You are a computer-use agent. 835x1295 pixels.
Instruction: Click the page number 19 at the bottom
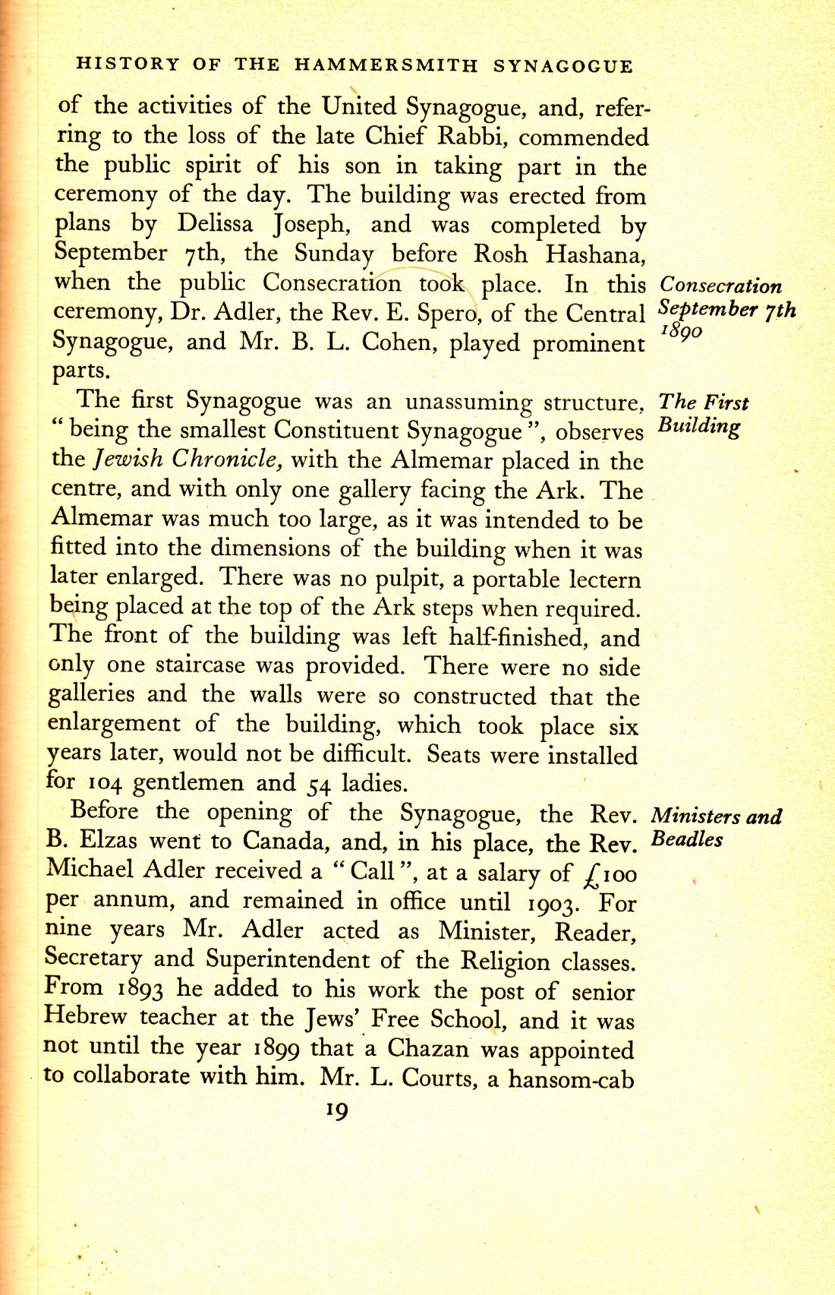click(x=336, y=1111)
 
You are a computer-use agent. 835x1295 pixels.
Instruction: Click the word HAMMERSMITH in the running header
click(x=386, y=65)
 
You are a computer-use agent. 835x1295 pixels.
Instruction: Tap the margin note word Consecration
click(x=720, y=286)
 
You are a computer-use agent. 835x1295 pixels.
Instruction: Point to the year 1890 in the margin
click(x=681, y=332)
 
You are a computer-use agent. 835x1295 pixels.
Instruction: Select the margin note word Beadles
click(x=687, y=840)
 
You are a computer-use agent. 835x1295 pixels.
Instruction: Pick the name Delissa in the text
click(x=215, y=224)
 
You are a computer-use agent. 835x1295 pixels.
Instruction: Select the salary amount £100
click(x=607, y=874)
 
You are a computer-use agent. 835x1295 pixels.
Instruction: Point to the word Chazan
click(x=428, y=1048)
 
